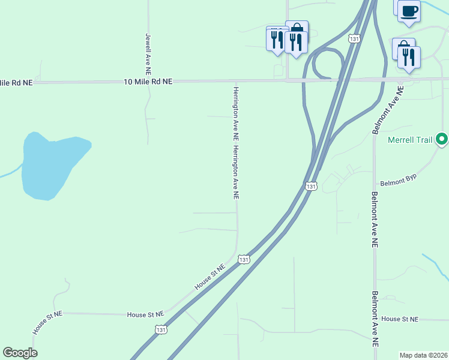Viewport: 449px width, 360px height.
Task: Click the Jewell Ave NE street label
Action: point(148,50)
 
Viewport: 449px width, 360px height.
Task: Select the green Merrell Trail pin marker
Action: point(442,140)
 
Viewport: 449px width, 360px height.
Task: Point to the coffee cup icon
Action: point(409,11)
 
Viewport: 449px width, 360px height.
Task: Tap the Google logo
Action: point(20,353)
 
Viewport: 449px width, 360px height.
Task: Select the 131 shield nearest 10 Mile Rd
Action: point(355,38)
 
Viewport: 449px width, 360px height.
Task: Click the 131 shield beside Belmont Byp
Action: point(310,187)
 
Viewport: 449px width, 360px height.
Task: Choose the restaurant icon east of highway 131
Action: point(409,57)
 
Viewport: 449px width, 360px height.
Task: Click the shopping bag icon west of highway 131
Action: point(297,28)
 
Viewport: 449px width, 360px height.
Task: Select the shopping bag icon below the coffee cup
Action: point(402,47)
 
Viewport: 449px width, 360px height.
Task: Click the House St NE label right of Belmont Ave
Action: point(399,319)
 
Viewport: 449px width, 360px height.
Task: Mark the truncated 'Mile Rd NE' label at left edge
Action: point(16,82)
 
